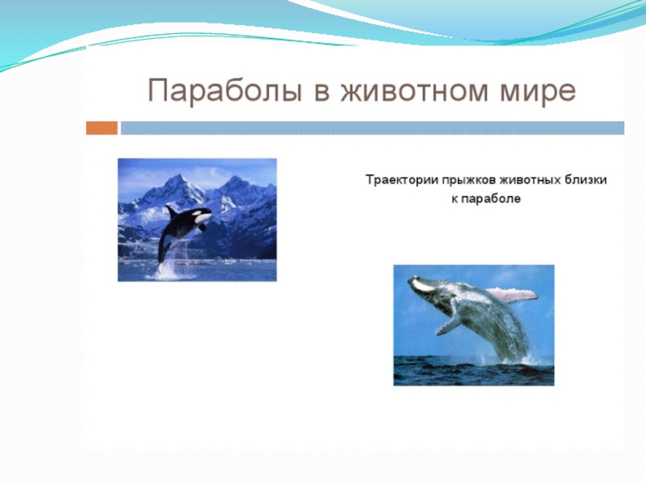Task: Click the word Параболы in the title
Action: pos(225,91)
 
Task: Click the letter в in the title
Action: pos(321,91)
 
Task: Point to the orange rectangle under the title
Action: pos(102,128)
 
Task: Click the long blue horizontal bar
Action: pos(372,128)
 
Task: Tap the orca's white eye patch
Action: pos(203,215)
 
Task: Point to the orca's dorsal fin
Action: pos(170,211)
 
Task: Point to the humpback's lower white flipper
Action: pos(448,326)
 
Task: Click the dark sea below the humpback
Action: pos(474,373)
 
